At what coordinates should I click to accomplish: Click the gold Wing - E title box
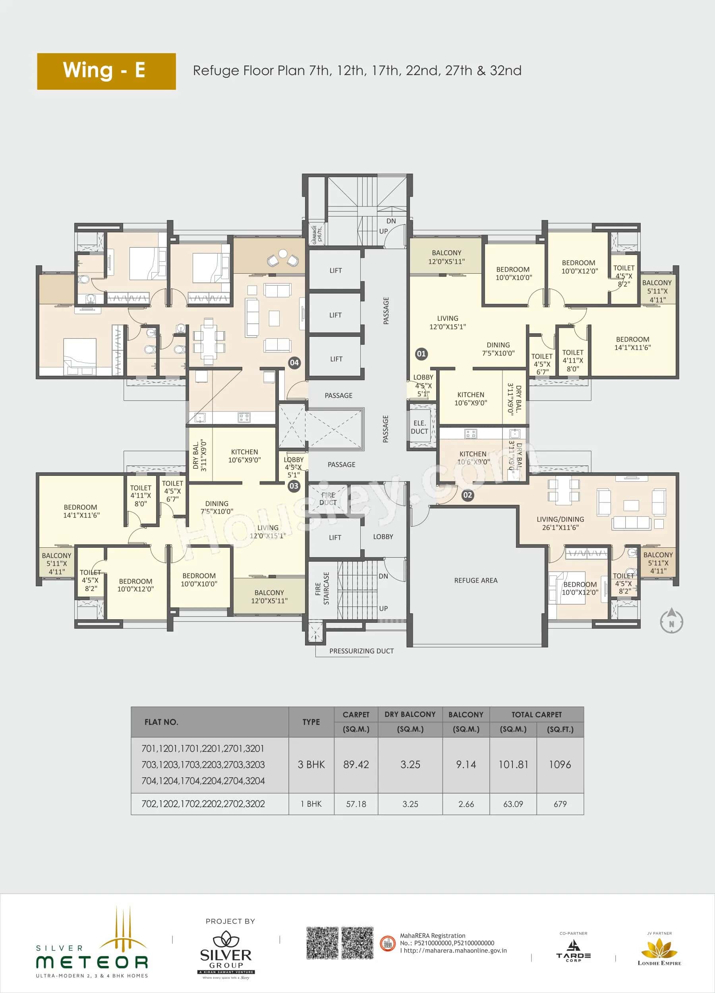[x=106, y=71]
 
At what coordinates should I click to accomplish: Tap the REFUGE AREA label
[x=475, y=580]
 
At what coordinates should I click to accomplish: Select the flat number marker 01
[x=421, y=354]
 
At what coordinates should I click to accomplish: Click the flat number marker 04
[x=294, y=363]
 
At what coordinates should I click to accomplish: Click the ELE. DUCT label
[x=419, y=427]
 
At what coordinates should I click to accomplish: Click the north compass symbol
[x=671, y=620]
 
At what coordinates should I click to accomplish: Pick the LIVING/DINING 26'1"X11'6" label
[x=560, y=523]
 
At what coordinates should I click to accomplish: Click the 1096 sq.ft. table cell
[x=560, y=765]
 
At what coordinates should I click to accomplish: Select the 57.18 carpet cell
[x=356, y=804]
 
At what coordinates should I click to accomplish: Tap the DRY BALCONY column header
[x=410, y=714]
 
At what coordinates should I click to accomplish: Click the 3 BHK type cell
[x=311, y=765]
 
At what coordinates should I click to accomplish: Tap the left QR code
[x=322, y=943]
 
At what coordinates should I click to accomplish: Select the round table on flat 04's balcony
[x=283, y=253]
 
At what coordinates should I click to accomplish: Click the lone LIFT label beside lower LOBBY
[x=335, y=537]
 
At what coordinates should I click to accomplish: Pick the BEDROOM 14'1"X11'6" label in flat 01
[x=632, y=343]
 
